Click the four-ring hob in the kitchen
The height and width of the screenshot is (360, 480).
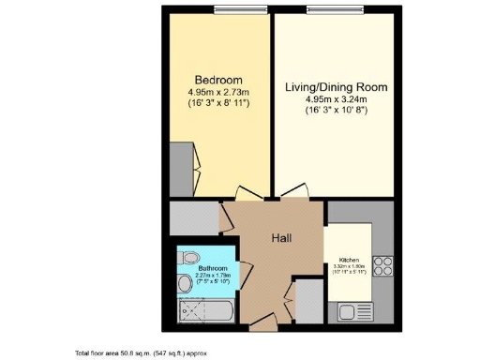point(382,263)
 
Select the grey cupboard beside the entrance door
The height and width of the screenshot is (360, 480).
point(307,301)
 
